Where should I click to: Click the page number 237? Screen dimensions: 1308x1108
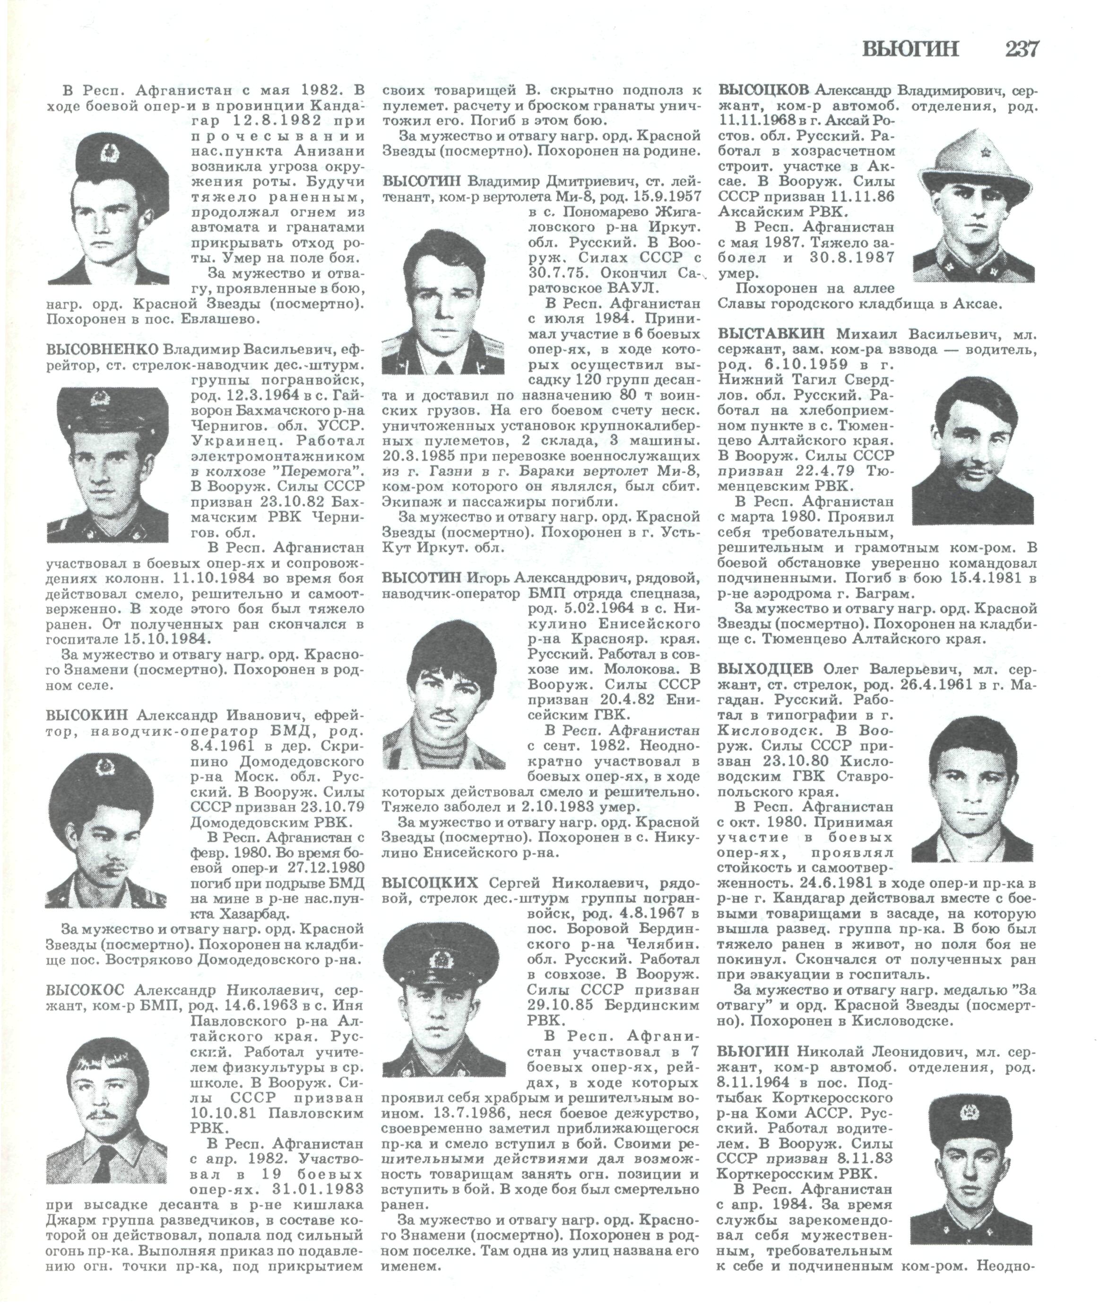[1022, 49]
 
